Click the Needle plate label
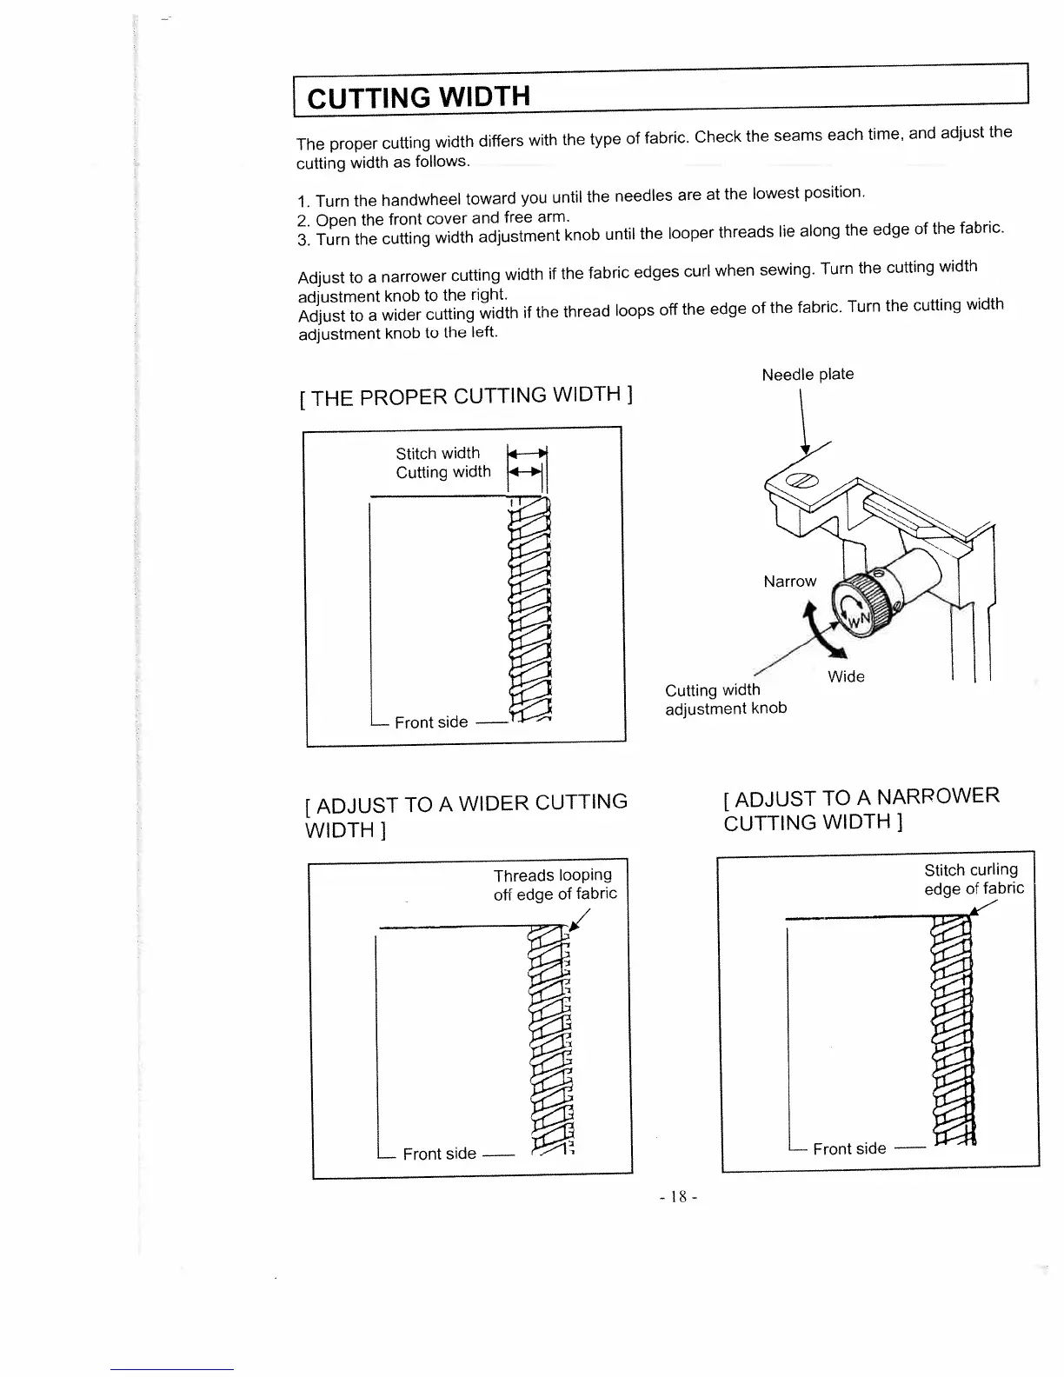point(808,375)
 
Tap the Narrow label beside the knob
point(789,582)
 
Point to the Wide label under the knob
point(846,677)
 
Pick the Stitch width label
point(437,454)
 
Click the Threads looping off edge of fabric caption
point(554,884)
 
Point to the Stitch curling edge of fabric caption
point(973,879)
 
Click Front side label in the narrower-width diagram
point(849,1148)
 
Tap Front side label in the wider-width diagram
point(439,1154)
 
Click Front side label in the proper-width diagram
point(431,722)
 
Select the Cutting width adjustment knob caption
point(725,699)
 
